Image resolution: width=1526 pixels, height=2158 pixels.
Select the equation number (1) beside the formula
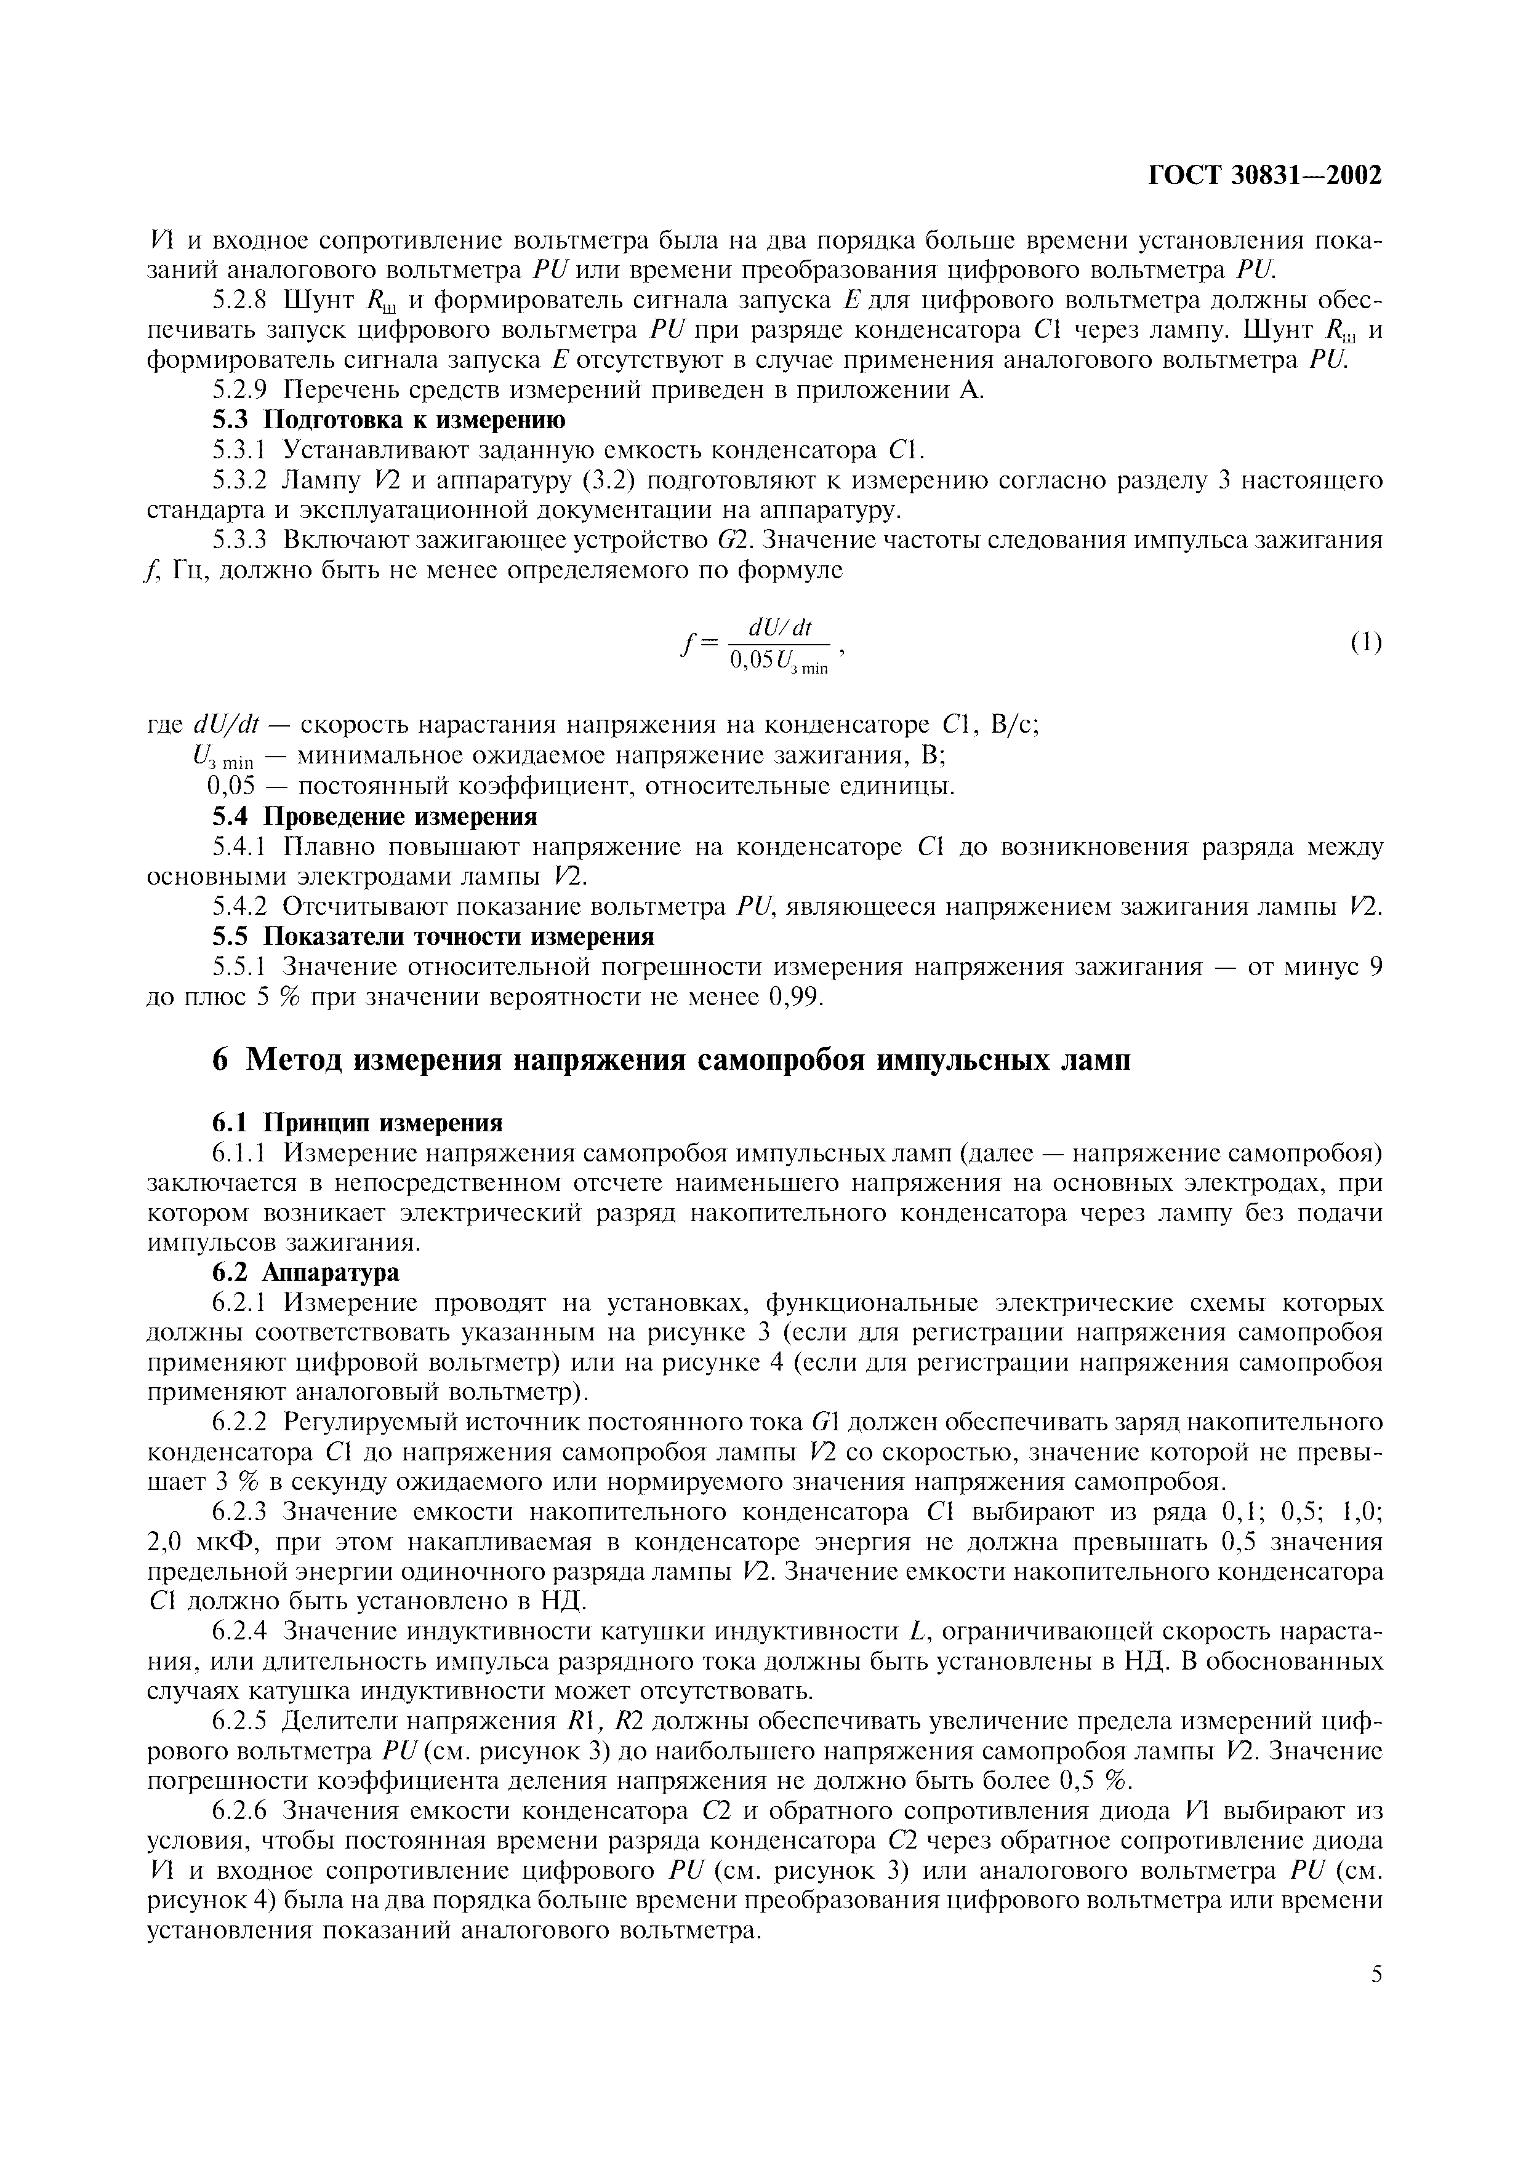pyautogui.click(x=1366, y=643)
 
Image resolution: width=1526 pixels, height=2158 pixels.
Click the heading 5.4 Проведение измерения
pyautogui.click(x=374, y=816)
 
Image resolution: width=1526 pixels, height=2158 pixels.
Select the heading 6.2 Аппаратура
pyautogui.click(x=305, y=1272)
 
